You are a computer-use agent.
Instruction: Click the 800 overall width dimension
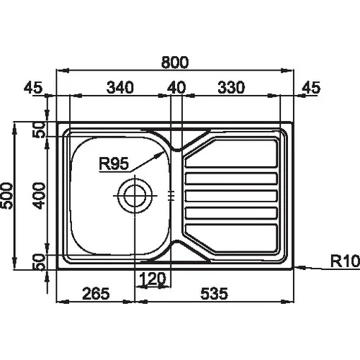click(x=175, y=62)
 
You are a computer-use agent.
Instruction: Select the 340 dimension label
click(x=120, y=87)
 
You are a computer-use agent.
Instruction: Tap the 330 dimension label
click(x=231, y=87)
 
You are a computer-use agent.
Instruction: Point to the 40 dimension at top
click(x=176, y=87)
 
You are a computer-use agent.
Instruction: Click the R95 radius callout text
click(x=114, y=163)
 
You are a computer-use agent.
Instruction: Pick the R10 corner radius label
click(x=345, y=261)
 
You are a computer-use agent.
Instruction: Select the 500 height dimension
click(x=6, y=196)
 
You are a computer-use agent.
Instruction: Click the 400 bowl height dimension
click(x=39, y=196)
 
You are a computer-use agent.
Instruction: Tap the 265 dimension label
click(x=96, y=294)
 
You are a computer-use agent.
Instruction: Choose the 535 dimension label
click(x=214, y=294)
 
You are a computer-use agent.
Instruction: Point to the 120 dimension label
click(x=153, y=279)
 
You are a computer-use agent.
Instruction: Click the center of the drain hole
click(x=135, y=196)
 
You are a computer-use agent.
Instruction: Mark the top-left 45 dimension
click(x=33, y=87)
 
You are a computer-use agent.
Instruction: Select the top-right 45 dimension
click(x=311, y=87)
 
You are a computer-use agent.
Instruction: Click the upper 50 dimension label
click(x=39, y=130)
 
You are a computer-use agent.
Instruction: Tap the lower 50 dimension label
click(x=39, y=262)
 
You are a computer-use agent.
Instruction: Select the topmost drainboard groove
click(x=231, y=153)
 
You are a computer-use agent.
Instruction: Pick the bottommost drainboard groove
click(x=230, y=238)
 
